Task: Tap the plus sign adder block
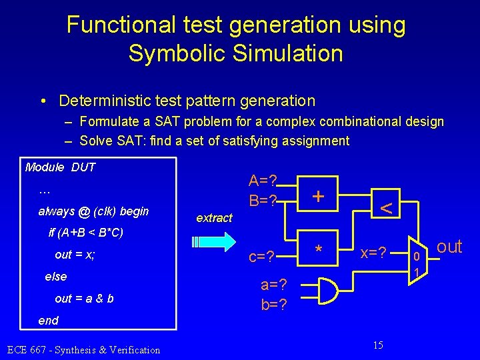pyautogui.click(x=319, y=196)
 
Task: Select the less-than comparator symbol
pyautogui.click(x=385, y=208)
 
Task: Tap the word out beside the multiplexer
pyautogui.click(x=449, y=247)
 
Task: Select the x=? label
pyautogui.click(x=375, y=254)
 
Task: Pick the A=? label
pyautogui.click(x=263, y=181)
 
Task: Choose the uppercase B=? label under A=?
pyautogui.click(x=263, y=200)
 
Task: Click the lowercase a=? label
pyautogui.click(x=274, y=285)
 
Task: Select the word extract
pyautogui.click(x=214, y=218)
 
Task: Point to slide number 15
pyautogui.click(x=378, y=345)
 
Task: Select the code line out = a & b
pyautogui.click(x=84, y=298)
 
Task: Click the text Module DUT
pyautogui.click(x=60, y=167)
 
